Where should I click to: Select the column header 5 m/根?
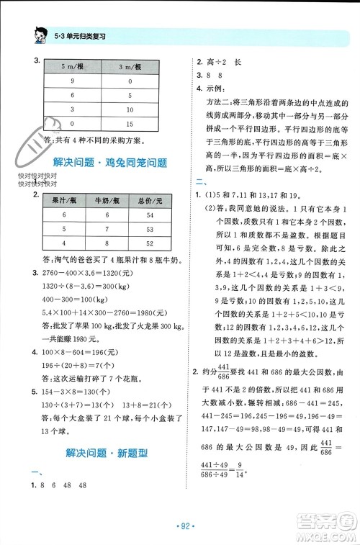(x=73, y=68)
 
